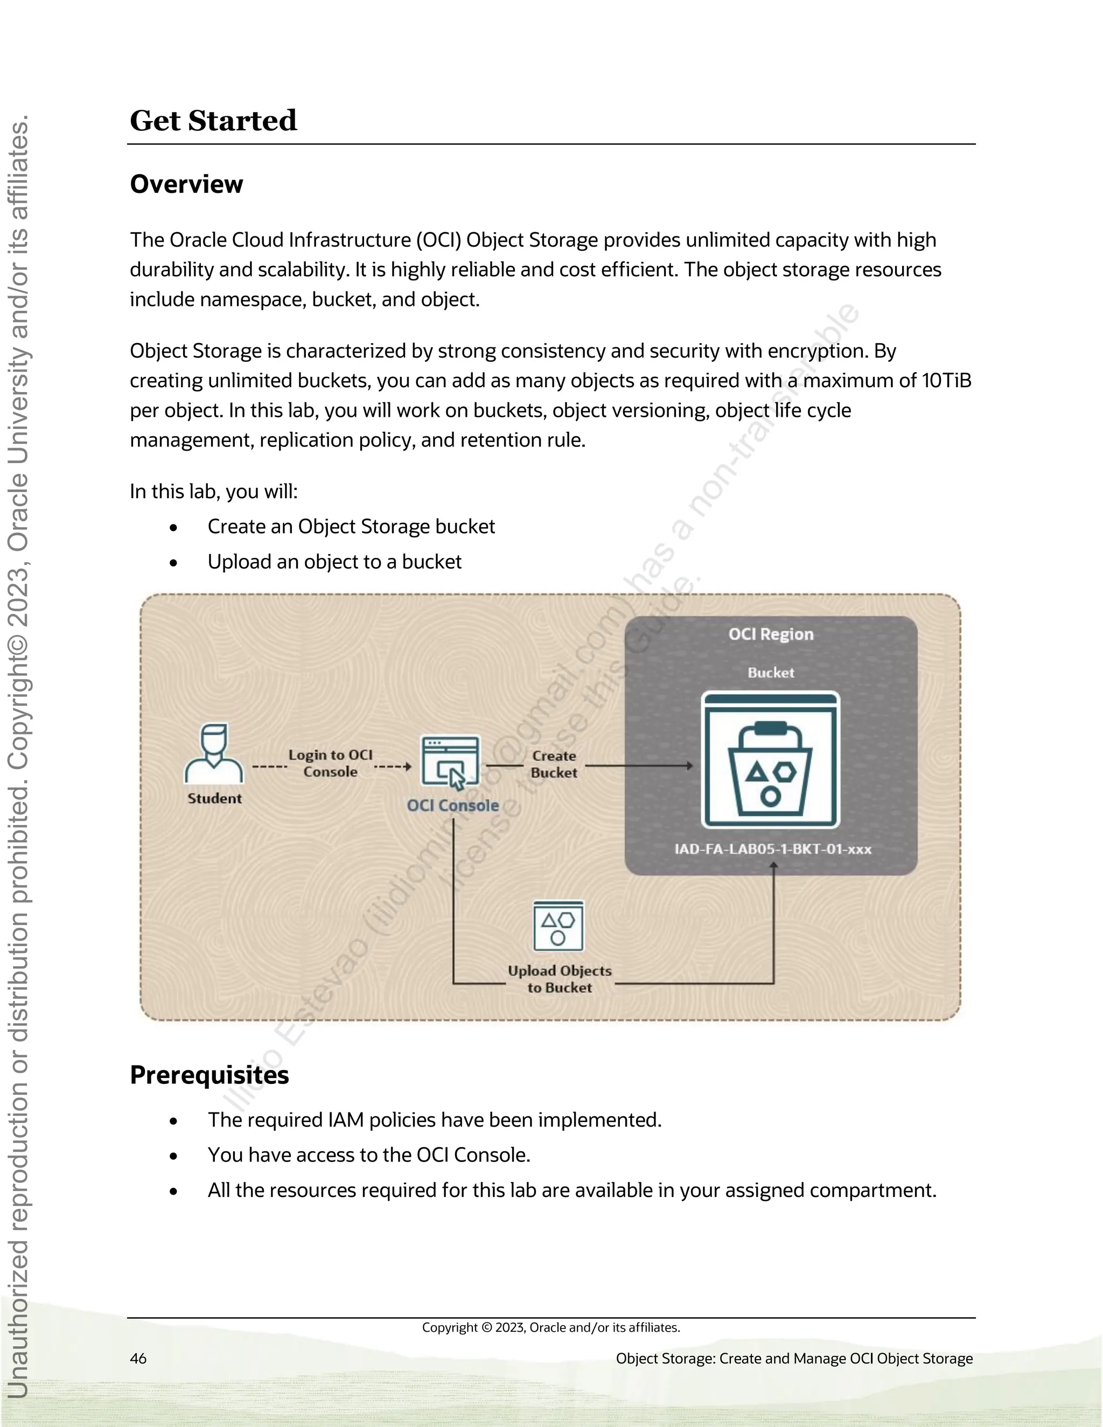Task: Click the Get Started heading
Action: (213, 121)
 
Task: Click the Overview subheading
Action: (186, 184)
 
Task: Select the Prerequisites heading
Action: (209, 1075)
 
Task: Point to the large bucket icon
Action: (770, 760)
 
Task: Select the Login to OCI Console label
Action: (331, 763)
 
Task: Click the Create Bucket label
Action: (554, 764)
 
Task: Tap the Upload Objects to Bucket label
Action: (560, 979)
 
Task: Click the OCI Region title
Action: (771, 634)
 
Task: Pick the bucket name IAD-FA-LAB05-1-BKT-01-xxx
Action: (772, 849)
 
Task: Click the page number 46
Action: (138, 1359)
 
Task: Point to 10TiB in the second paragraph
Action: (946, 381)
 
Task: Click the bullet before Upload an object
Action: (173, 563)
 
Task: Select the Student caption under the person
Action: (214, 799)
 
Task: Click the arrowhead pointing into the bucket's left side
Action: (689, 765)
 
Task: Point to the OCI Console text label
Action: (452, 806)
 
